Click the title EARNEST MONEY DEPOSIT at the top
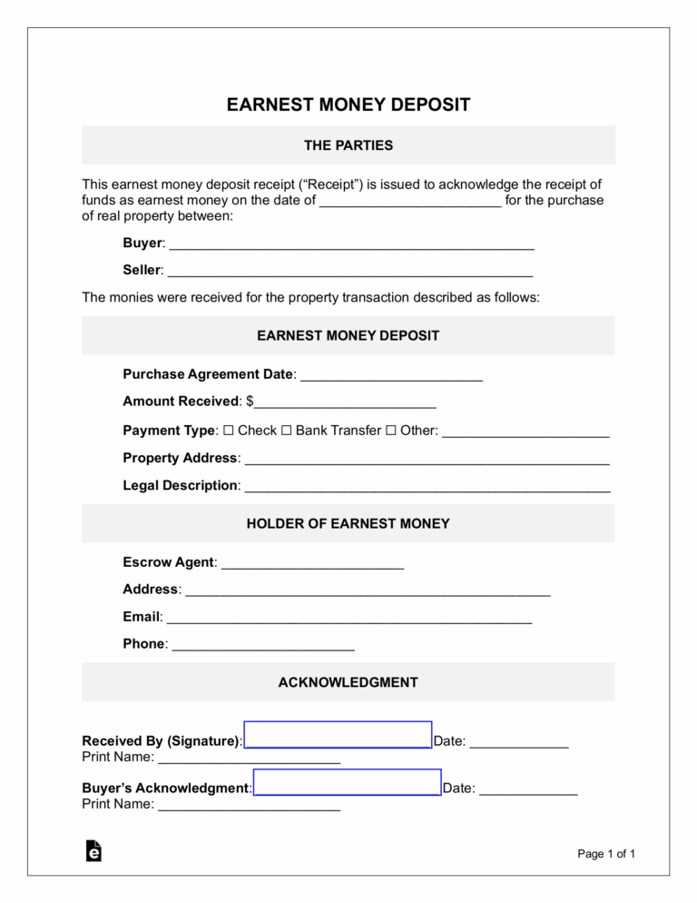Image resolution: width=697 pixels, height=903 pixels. (x=348, y=104)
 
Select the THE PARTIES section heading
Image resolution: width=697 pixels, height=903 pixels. (x=348, y=145)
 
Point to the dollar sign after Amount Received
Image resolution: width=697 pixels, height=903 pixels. (x=250, y=402)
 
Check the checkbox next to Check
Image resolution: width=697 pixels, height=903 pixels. (x=228, y=430)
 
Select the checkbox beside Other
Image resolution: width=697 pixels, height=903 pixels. (x=391, y=430)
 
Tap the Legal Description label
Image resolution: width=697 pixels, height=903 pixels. (x=181, y=486)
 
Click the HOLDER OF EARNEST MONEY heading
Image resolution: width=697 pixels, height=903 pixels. (x=348, y=523)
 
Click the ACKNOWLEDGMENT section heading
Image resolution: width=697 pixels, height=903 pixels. (x=348, y=682)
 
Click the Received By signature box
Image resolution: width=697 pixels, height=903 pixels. (x=338, y=735)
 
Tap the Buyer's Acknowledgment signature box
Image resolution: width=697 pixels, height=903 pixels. (x=347, y=782)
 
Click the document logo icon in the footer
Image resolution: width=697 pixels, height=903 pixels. (x=93, y=850)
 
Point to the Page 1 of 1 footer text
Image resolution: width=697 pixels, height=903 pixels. (x=606, y=853)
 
